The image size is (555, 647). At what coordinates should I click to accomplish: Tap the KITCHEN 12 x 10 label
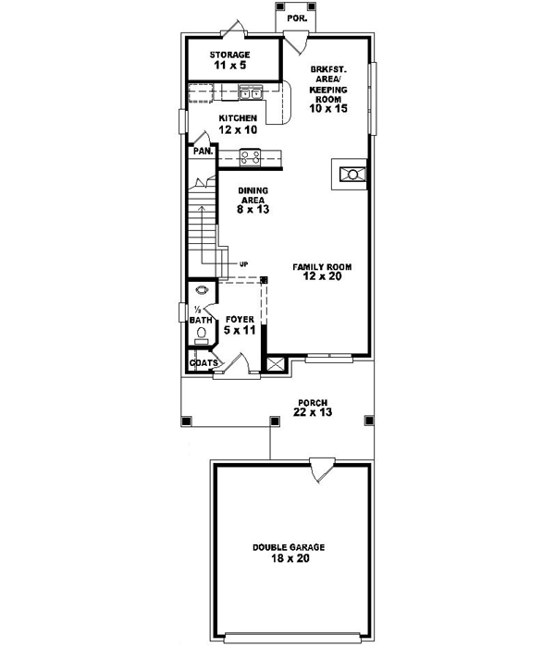point(238,125)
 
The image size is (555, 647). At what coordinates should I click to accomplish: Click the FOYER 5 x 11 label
point(240,324)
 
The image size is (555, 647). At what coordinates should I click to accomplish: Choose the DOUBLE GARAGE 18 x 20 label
point(289,553)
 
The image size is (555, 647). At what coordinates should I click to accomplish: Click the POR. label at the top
point(298,18)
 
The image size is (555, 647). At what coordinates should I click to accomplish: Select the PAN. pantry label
point(203,151)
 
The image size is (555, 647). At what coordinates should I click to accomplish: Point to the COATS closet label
point(203,362)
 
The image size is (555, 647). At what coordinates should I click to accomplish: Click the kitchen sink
point(250,92)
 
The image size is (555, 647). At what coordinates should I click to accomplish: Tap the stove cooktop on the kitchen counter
point(250,156)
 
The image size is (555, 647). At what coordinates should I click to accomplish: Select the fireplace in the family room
point(351,173)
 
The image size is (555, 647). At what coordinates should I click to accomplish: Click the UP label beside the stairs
point(244,263)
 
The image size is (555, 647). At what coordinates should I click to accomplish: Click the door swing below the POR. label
point(295,40)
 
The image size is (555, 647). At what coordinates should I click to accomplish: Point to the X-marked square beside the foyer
point(275,363)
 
